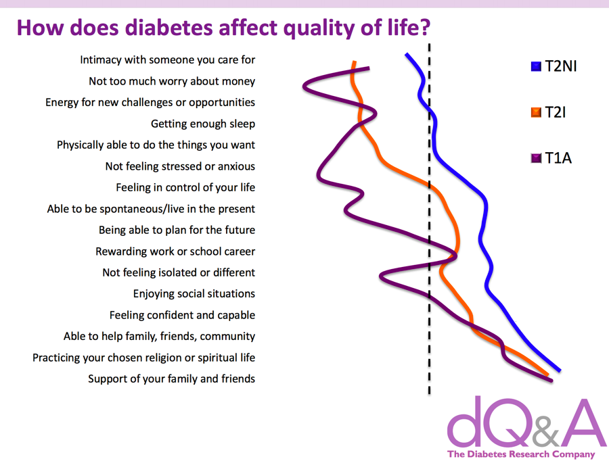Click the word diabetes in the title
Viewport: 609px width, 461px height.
[169, 28]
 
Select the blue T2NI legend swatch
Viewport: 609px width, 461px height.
[536, 66]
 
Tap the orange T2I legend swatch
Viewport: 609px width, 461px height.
[536, 112]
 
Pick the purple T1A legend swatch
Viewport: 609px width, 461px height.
[536, 158]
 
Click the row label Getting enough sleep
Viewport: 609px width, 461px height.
[203, 124]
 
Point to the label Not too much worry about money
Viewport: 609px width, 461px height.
[172, 81]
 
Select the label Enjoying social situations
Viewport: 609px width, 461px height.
[194, 294]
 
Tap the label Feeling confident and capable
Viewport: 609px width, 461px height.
[182, 315]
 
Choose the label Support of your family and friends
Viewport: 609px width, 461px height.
[171, 379]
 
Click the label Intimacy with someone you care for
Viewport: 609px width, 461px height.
[167, 59]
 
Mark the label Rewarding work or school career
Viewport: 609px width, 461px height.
[175, 251]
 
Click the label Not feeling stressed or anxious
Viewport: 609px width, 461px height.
[180, 166]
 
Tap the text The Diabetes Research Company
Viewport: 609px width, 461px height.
[521, 454]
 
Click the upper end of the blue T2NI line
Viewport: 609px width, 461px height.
[406, 54]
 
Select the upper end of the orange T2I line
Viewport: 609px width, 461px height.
[354, 62]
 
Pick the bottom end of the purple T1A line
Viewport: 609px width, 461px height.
[551, 381]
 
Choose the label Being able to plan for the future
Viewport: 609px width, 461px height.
[177, 230]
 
